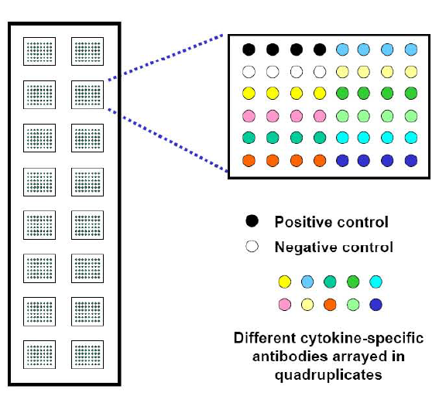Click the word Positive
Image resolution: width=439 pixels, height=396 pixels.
304,222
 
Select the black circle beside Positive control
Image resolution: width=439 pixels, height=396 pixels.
252,221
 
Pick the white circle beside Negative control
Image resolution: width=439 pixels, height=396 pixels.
252,246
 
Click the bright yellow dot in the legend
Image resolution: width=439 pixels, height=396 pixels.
285,282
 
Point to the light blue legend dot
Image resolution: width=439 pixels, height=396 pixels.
307,282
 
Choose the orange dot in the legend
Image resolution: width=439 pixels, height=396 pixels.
330,305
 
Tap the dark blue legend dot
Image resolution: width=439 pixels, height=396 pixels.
376,305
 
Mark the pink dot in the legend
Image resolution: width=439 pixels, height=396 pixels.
285,305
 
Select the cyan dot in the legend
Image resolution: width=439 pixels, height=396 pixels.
376,282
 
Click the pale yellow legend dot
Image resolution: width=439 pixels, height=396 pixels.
307,305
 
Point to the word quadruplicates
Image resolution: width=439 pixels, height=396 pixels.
328,375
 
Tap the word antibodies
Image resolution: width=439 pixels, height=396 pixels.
290,357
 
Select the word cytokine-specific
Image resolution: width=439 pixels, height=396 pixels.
362,339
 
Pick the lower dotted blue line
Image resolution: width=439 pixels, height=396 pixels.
168,141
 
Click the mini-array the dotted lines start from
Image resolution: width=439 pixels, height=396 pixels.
87,95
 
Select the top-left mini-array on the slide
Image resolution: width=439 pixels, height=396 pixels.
39,52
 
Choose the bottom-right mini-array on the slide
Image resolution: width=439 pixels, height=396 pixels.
87,354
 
